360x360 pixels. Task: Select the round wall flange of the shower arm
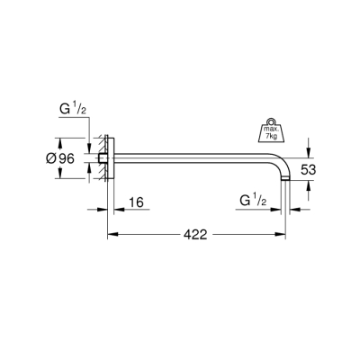[110, 158]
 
